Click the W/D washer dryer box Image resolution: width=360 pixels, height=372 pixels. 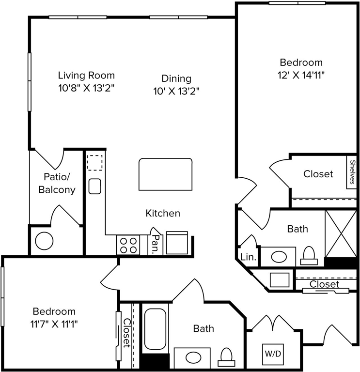(x=273, y=354)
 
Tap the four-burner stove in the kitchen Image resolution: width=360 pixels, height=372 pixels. (x=128, y=245)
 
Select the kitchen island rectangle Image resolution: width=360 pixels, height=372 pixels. (x=165, y=174)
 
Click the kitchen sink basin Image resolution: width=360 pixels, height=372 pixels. (x=94, y=186)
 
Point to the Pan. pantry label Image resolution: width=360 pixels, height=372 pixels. (x=156, y=244)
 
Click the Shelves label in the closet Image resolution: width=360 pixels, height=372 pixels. (x=352, y=172)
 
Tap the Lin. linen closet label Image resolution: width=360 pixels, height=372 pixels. (x=249, y=257)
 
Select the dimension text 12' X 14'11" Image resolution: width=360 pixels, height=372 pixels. (x=301, y=76)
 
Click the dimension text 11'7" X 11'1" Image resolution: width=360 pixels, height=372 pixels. (x=54, y=324)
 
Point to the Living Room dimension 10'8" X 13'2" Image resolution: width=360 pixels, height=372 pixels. (x=86, y=88)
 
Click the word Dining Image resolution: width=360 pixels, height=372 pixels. (x=176, y=78)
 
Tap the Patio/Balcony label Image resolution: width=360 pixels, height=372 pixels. (x=57, y=183)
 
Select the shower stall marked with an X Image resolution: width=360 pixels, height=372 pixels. (x=341, y=233)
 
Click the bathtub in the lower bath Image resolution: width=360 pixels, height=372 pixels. (x=155, y=328)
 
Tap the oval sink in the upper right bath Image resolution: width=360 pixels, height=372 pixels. (x=279, y=257)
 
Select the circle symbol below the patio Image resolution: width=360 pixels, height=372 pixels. (x=44, y=241)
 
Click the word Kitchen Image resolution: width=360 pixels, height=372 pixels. (x=163, y=213)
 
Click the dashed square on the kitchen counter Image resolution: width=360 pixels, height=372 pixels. (x=94, y=163)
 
